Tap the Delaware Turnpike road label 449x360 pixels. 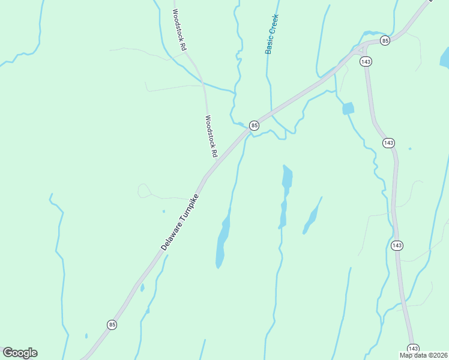(x=179, y=222)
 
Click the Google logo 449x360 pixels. (x=20, y=353)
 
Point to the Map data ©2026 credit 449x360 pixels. (x=423, y=355)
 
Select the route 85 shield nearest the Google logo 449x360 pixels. (x=112, y=325)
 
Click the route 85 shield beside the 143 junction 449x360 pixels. (x=385, y=40)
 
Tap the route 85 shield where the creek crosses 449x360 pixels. (x=255, y=125)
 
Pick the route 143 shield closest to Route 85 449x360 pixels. (x=365, y=61)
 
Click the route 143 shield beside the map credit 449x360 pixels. (x=413, y=349)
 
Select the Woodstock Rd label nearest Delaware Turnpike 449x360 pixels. (x=211, y=136)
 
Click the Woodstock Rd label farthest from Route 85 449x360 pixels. (x=179, y=29)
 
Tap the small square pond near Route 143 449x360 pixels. (x=348, y=109)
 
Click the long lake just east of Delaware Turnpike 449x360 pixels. (x=223, y=239)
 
